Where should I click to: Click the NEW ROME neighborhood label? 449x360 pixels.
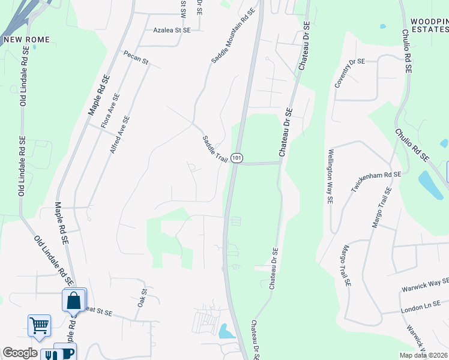(26, 40)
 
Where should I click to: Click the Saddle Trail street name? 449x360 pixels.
(214, 147)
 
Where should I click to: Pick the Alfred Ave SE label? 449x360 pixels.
(119, 134)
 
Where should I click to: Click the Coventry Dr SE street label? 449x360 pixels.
(349, 73)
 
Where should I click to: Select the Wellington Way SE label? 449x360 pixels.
(330, 176)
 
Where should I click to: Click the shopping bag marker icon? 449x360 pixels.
(74, 299)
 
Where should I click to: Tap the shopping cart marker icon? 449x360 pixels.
(39, 326)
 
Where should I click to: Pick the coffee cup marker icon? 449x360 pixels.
(65, 352)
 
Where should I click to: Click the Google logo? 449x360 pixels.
(20, 353)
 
